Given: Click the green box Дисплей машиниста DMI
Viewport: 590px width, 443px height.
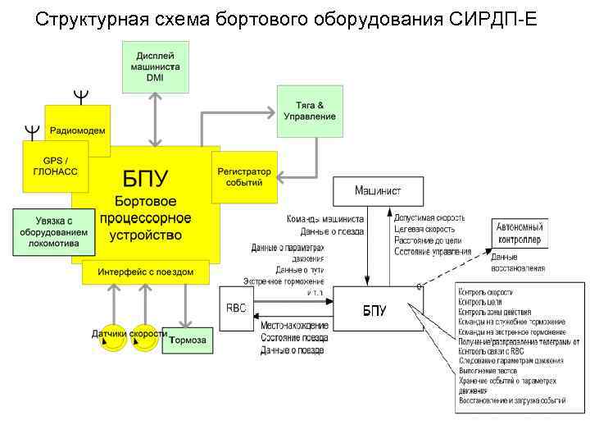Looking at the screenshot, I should click(155, 65).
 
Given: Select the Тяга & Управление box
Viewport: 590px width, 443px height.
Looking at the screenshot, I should click(310, 111).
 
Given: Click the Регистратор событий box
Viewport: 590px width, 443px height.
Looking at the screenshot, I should click(243, 177).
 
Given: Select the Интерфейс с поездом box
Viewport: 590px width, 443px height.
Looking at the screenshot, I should click(145, 272).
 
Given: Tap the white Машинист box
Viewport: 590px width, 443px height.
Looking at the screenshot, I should click(378, 190).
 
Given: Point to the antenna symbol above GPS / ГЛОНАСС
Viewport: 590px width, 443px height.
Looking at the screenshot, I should click(30, 130).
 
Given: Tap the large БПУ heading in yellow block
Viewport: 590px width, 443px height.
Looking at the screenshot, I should click(145, 178).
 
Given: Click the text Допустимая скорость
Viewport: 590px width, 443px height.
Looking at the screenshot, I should click(429, 218).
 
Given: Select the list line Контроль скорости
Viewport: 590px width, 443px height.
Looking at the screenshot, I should click(487, 292).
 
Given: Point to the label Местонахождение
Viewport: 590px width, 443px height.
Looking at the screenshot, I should click(295, 326).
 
